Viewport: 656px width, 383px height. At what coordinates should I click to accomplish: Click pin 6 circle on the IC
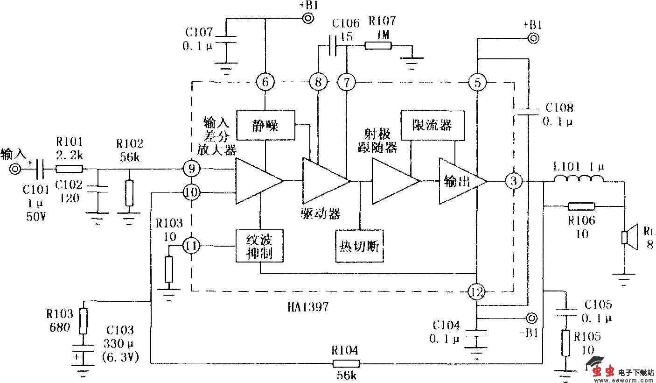265,83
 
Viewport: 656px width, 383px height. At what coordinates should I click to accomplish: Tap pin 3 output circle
514,181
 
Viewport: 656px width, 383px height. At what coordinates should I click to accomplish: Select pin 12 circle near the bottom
476,292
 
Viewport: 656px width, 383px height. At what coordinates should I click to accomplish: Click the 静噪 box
265,125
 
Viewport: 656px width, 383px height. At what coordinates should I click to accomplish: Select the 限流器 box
432,125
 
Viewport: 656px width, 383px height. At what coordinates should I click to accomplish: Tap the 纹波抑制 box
260,246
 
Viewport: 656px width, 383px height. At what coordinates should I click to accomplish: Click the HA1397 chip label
308,307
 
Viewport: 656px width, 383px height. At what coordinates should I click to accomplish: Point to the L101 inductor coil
579,179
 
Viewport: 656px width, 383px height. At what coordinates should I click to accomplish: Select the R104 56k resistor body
346,363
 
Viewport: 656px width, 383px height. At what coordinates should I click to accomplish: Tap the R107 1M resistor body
378,46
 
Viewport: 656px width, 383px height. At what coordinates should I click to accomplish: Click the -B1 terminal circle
530,319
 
